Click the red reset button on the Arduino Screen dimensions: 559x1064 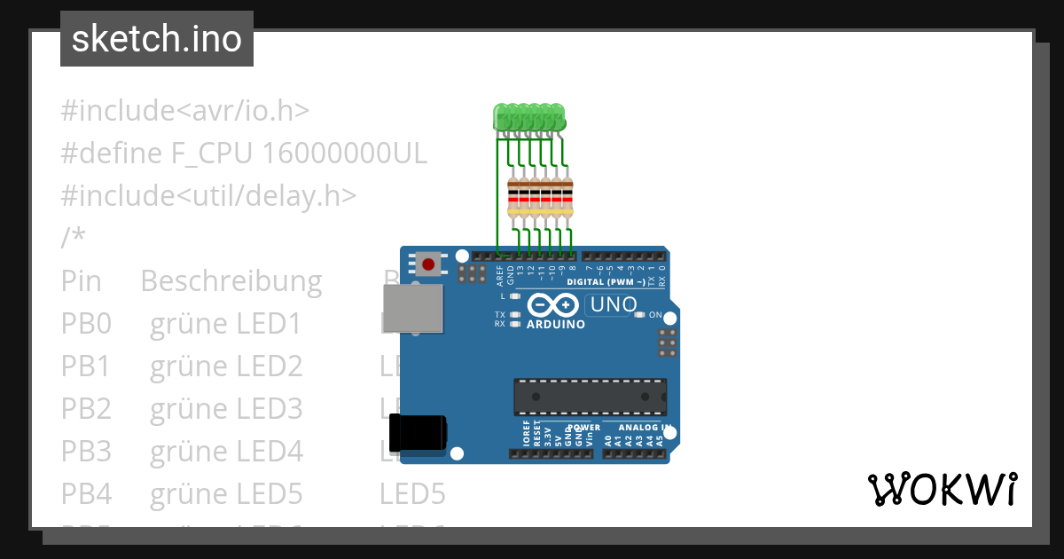[429, 264]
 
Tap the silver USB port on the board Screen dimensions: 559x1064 [413, 309]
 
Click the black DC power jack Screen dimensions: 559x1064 [419, 433]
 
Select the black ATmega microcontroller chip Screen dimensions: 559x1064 [590, 397]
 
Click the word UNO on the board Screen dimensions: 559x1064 [611, 304]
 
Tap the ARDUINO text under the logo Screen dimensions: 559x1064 [556, 325]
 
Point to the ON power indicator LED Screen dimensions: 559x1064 [640, 315]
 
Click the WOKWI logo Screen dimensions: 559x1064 [942, 489]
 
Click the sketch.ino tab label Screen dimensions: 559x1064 [157, 39]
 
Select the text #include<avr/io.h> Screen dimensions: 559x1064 [184, 111]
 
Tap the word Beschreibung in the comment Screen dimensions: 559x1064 [231, 281]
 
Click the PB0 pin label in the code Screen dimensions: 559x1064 [86, 324]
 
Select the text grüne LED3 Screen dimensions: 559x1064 [226, 409]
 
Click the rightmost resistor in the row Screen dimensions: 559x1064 [567, 197]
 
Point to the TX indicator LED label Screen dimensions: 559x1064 [500, 315]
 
